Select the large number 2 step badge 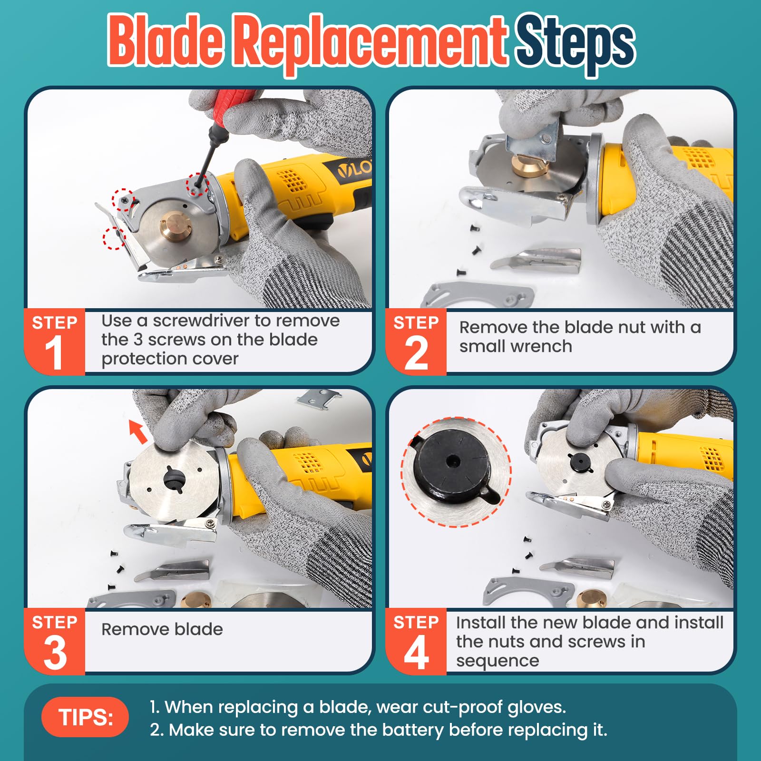pyautogui.click(x=416, y=352)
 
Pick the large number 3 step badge pyautogui.click(x=55, y=652)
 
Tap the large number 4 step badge pyautogui.click(x=416, y=652)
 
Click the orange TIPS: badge pyautogui.click(x=85, y=717)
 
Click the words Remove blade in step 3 pyautogui.click(x=162, y=629)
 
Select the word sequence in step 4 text pyautogui.click(x=498, y=661)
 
